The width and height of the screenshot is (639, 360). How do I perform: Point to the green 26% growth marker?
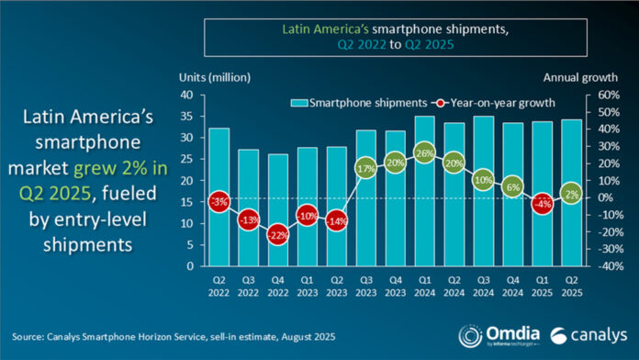[424, 152]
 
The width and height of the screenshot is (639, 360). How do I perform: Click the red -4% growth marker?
[541, 204]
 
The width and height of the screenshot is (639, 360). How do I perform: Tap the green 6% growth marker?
[511, 186]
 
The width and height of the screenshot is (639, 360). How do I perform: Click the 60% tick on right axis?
[589, 95]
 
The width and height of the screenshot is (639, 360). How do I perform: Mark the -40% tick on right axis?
[589, 266]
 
